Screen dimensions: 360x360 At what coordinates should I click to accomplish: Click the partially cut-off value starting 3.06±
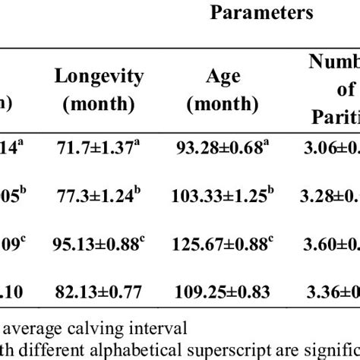[335, 145]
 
